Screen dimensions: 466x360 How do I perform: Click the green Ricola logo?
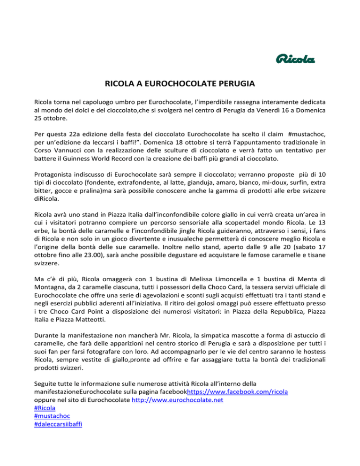[294, 60]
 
